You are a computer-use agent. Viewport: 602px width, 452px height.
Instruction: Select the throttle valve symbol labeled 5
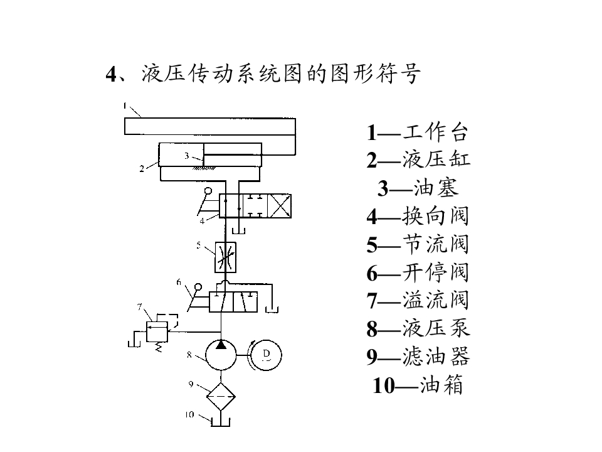(225, 257)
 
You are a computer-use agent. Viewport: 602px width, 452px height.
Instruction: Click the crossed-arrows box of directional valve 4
(280, 206)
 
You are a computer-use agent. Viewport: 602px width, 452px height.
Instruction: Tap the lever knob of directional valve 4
(208, 191)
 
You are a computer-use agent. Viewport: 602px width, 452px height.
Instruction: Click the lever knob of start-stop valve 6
(198, 287)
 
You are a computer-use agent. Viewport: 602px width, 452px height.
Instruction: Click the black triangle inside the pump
(221, 345)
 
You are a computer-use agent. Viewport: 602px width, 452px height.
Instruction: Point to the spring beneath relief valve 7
(158, 347)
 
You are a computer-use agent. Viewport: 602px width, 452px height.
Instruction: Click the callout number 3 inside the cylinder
(187, 156)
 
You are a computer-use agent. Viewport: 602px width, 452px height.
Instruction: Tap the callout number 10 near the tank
(189, 415)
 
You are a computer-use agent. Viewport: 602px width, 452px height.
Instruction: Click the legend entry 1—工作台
(418, 132)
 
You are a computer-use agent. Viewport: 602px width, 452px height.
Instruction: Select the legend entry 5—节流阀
(418, 244)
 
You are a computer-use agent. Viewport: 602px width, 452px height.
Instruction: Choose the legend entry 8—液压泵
(418, 328)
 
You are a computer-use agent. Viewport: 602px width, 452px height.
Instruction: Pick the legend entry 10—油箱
(418, 384)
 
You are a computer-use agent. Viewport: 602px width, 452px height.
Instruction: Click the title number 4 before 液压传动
(112, 74)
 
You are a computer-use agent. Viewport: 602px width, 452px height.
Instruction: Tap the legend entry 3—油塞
(418, 188)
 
